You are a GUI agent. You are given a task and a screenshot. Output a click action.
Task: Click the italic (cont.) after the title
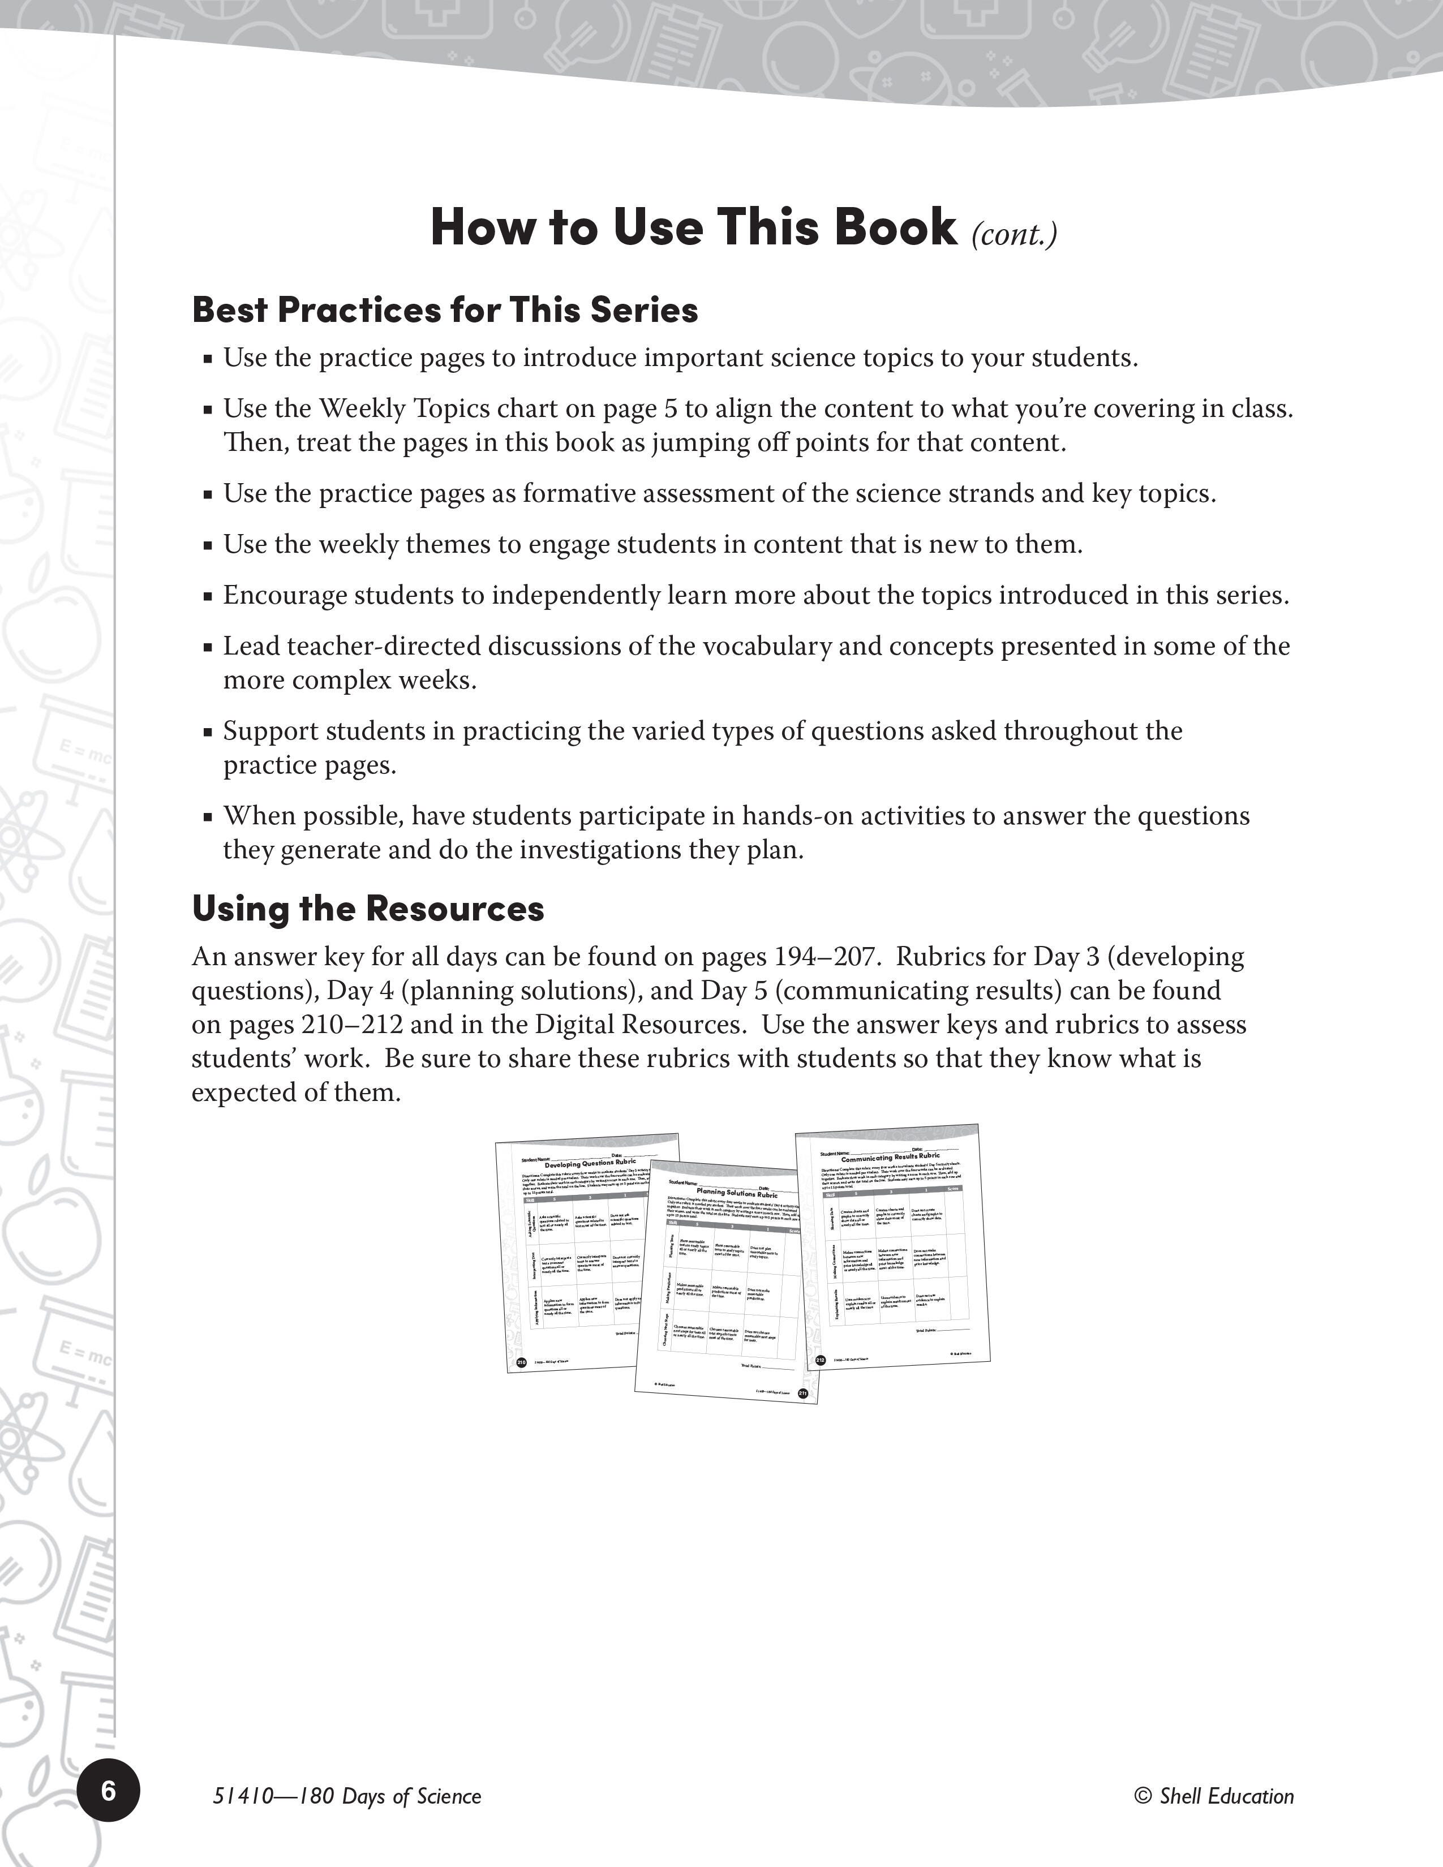pyautogui.click(x=1014, y=233)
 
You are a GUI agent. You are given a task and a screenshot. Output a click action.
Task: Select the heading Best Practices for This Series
pyautogui.click(x=445, y=309)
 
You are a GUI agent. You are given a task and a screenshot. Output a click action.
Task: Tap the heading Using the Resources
pyautogui.click(x=368, y=908)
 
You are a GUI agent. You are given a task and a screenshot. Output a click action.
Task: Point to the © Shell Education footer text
pyautogui.click(x=1214, y=1796)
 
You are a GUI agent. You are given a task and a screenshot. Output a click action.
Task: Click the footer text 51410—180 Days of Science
pyautogui.click(x=347, y=1796)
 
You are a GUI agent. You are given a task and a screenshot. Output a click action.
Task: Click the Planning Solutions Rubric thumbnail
pyautogui.click(x=727, y=1282)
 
